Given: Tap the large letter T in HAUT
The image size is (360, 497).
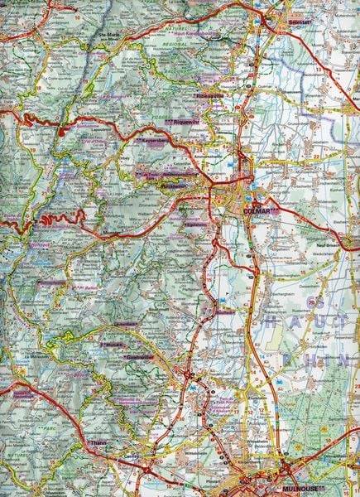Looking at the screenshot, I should tap(348, 318).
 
